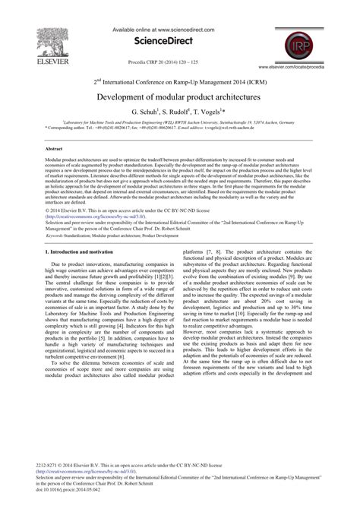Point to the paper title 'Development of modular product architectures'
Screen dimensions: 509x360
178,98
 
